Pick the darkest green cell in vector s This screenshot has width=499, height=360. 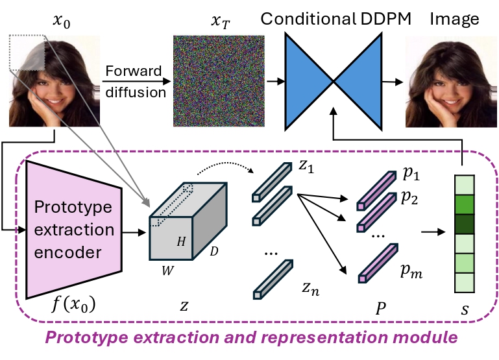pyautogui.click(x=463, y=225)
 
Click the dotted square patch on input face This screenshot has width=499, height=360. pyautogui.click(x=27, y=53)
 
